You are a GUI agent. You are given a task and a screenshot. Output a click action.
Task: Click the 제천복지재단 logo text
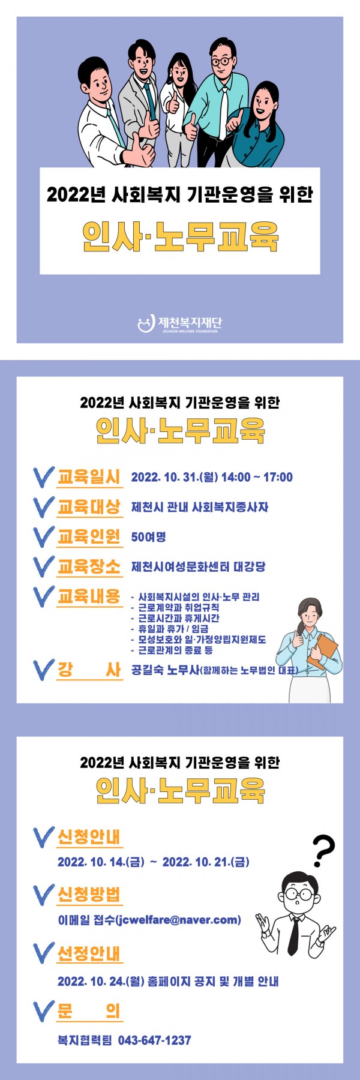click(x=190, y=322)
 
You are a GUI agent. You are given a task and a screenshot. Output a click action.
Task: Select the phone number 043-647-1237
click(x=154, y=1040)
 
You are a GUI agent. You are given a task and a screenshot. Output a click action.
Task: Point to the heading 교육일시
click(x=89, y=477)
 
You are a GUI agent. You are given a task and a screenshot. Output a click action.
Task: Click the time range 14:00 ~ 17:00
click(x=257, y=478)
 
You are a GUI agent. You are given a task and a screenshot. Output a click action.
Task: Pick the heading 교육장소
click(x=89, y=566)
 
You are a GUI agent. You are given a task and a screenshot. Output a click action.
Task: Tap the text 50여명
click(x=148, y=536)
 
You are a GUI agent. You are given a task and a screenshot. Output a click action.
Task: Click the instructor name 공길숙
click(x=148, y=670)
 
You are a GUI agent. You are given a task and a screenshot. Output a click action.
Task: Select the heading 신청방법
click(x=89, y=895)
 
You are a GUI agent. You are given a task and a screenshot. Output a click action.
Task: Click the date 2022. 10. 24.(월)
click(x=101, y=982)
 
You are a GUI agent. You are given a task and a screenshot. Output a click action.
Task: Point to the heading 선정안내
click(x=89, y=953)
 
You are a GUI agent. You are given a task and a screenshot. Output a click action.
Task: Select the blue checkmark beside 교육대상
click(x=43, y=506)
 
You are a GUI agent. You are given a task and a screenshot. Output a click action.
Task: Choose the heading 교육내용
click(x=89, y=596)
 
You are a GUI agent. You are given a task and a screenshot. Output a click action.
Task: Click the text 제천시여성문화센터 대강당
click(x=198, y=566)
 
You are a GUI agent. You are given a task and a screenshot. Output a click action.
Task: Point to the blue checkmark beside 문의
click(x=43, y=1011)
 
